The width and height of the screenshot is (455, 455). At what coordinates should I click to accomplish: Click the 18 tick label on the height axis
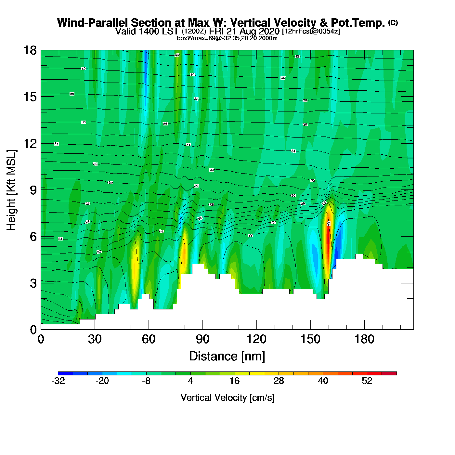(x=30, y=50)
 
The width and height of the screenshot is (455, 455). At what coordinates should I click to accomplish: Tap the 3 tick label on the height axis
(x=33, y=283)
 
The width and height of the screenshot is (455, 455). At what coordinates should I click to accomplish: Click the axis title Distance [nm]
(x=227, y=357)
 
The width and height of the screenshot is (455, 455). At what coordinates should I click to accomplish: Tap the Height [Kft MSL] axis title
(x=11, y=190)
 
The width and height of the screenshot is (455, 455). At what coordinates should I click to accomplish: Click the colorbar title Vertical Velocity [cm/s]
(x=227, y=398)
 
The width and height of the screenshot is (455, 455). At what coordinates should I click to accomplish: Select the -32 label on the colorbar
(x=58, y=381)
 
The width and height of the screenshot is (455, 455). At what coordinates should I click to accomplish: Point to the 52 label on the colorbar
(x=367, y=381)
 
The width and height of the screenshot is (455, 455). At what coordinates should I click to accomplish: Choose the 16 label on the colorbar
(x=234, y=381)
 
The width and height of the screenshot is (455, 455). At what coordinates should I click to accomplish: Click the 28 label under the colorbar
(x=279, y=381)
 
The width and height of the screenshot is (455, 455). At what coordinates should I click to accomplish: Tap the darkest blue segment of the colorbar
(x=65, y=373)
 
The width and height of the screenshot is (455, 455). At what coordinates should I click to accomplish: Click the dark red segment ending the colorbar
(x=389, y=373)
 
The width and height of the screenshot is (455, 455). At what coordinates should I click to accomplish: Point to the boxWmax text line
(x=227, y=38)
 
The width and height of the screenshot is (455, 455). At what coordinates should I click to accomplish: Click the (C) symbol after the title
(x=393, y=22)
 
